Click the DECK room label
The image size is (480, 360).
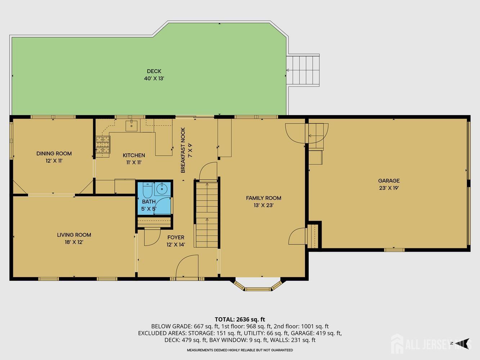pyautogui.click(x=154, y=71)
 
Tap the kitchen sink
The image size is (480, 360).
pyautogui.click(x=131, y=125)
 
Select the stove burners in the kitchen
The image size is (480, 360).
pyautogui.click(x=103, y=145)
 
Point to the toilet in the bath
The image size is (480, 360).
pyautogui.click(x=147, y=190)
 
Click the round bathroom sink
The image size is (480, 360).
pyautogui.click(x=162, y=189)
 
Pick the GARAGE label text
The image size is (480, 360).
pyautogui.click(x=389, y=181)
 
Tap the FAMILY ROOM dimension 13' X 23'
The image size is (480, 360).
pyautogui.click(x=264, y=205)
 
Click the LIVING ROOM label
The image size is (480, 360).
pyautogui.click(x=74, y=235)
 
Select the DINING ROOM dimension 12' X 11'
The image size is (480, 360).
pyautogui.click(x=54, y=161)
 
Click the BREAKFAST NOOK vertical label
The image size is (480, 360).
pyautogui.click(x=183, y=150)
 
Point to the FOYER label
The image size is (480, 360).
pyautogui.click(x=176, y=237)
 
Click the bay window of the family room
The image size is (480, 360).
pyautogui.click(x=258, y=285)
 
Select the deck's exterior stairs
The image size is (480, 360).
pyautogui.click(x=303, y=70)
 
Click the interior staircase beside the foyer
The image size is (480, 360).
pyautogui.click(x=207, y=215)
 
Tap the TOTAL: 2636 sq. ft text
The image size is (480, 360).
pyautogui.click(x=240, y=319)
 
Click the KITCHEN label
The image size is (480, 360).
pyautogui.click(x=134, y=156)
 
